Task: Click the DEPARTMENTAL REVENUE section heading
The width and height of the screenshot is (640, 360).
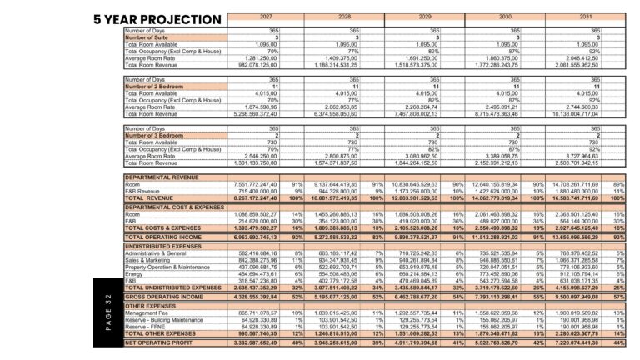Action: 162,177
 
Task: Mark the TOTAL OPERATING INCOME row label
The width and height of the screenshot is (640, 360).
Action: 164,237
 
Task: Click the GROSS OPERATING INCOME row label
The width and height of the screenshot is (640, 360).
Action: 164,297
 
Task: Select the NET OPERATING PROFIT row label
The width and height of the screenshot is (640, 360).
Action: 160,342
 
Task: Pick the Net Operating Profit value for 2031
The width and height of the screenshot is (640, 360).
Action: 575,342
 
